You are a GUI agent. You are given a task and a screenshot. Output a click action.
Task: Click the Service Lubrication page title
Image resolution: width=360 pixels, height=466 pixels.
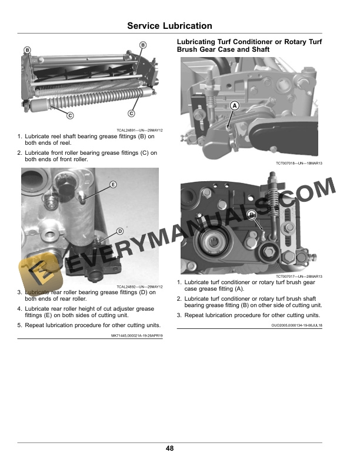[x=169, y=26]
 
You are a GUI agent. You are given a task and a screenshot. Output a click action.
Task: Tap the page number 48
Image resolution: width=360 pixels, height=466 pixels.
[x=169, y=448]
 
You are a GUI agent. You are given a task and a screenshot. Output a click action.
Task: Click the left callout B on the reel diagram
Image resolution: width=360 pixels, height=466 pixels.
[x=27, y=50]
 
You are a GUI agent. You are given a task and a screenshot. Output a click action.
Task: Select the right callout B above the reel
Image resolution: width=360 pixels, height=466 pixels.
[x=143, y=45]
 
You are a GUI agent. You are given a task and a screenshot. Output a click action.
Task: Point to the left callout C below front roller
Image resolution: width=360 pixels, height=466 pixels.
[x=70, y=115]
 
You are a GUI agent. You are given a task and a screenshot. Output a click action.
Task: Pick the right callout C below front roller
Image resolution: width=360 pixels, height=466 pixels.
[x=131, y=113]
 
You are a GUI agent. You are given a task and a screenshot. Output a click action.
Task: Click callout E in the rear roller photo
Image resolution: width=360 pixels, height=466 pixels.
[x=113, y=185]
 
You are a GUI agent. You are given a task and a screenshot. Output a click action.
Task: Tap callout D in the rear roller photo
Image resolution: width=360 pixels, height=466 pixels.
[x=119, y=231]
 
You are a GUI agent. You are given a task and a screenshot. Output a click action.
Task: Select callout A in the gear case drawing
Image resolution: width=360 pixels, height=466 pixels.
[x=235, y=105]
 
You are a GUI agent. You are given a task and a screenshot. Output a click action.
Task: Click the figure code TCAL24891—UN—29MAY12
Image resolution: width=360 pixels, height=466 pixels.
[x=139, y=130]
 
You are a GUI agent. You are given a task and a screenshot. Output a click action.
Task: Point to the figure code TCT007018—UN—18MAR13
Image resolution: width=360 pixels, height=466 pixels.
[x=299, y=163]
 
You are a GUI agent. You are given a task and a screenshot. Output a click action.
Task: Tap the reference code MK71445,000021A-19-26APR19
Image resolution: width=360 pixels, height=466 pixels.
[x=137, y=335]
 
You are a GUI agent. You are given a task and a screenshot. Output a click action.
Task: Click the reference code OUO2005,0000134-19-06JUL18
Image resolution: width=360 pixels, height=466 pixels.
[x=296, y=325]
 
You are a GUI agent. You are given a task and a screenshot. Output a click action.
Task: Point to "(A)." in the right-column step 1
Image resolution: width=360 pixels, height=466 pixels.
[x=239, y=289]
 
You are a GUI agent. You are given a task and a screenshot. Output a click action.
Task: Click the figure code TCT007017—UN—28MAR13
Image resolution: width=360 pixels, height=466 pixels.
[x=299, y=277]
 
